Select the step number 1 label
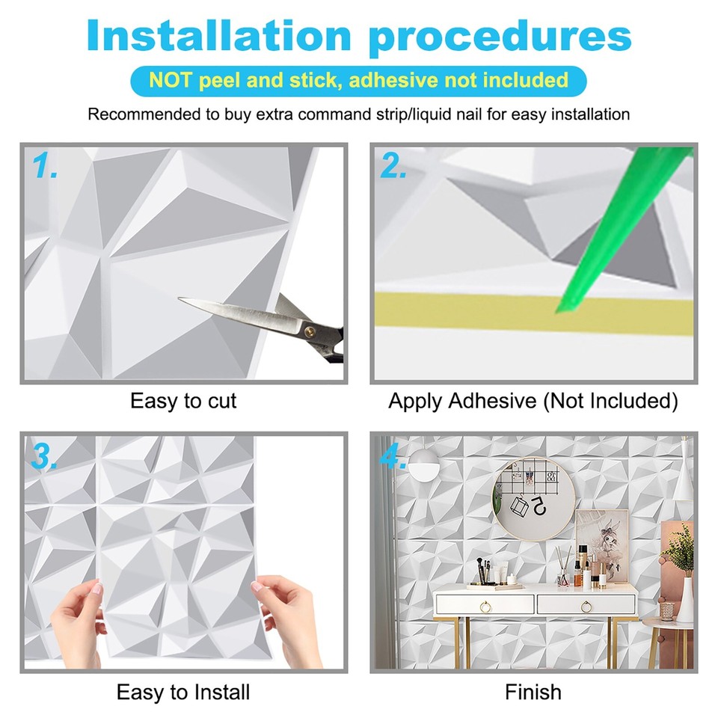46,168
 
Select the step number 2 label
393,168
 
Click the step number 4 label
393,455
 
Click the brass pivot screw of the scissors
307,326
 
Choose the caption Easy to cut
183,402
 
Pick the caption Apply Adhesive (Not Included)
533,402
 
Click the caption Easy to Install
183,692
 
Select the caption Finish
533,692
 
